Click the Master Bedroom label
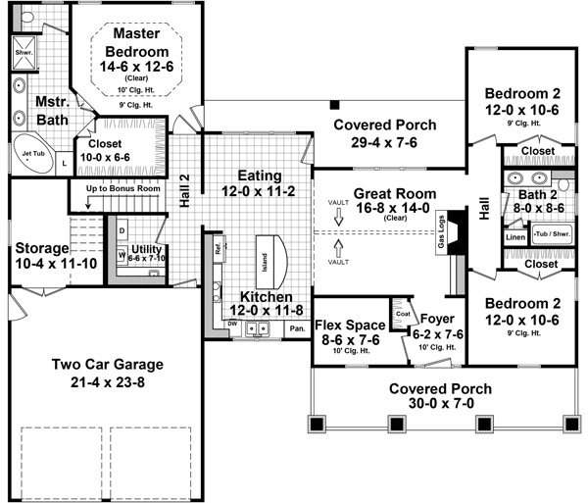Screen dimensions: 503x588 [136, 42]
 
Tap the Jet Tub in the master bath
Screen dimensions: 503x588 [32, 157]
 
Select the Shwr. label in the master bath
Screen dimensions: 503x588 [24, 51]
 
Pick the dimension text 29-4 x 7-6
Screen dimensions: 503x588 [376, 143]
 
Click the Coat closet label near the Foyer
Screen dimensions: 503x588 [402, 314]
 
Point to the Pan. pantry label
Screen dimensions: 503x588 [295, 328]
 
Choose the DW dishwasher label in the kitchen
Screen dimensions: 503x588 [232, 324]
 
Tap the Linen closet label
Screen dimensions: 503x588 [515, 236]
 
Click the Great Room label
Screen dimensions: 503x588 [387, 194]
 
